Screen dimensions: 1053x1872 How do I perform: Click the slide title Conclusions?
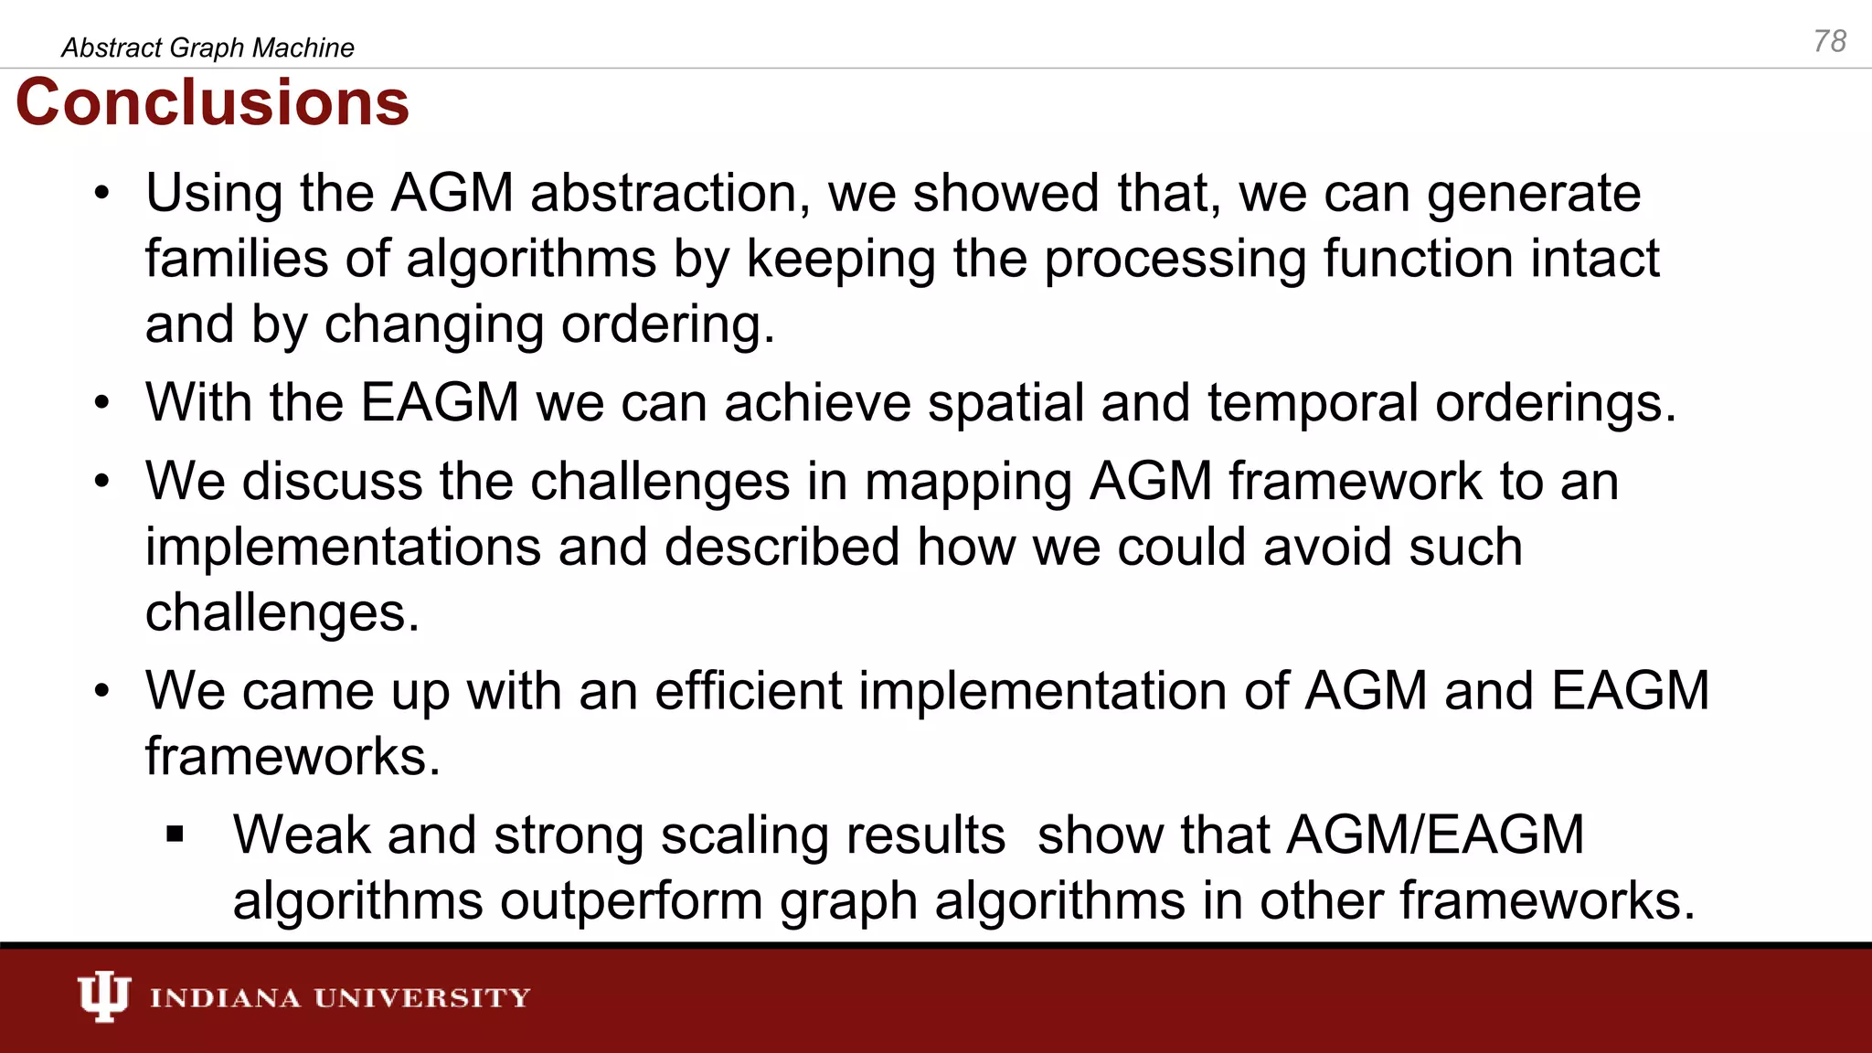click(x=212, y=102)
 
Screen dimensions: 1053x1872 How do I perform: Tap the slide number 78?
click(x=1829, y=41)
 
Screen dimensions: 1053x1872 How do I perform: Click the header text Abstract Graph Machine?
click(x=207, y=48)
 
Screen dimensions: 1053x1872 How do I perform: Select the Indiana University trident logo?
click(x=103, y=996)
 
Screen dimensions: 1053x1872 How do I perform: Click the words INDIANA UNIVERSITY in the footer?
click(x=340, y=997)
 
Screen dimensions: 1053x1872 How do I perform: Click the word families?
click(x=237, y=259)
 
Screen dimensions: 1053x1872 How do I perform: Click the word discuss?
click(x=331, y=482)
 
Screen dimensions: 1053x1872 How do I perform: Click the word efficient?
click(x=748, y=691)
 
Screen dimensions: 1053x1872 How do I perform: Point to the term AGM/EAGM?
click(x=1435, y=835)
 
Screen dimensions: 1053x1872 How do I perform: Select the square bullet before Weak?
click(x=175, y=835)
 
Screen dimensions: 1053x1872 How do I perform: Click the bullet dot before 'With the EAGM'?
click(x=101, y=403)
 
